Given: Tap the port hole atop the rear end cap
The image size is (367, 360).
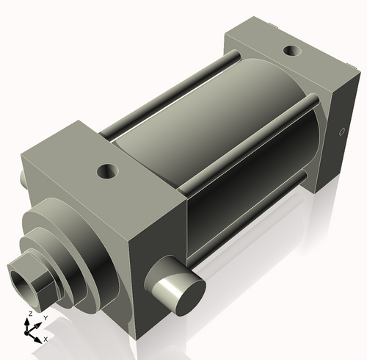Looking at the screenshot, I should click(292, 52).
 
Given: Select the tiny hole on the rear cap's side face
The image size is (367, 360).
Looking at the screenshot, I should click(341, 133).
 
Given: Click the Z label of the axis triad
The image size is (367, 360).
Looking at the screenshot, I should click(29, 314).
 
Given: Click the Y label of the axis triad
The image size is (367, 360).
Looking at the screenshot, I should click(45, 317).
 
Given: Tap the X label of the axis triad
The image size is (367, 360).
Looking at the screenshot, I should click(46, 339).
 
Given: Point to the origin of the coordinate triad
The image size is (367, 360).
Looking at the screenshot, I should click(30, 331).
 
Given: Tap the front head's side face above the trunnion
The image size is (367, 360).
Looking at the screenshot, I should click(154, 242).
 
